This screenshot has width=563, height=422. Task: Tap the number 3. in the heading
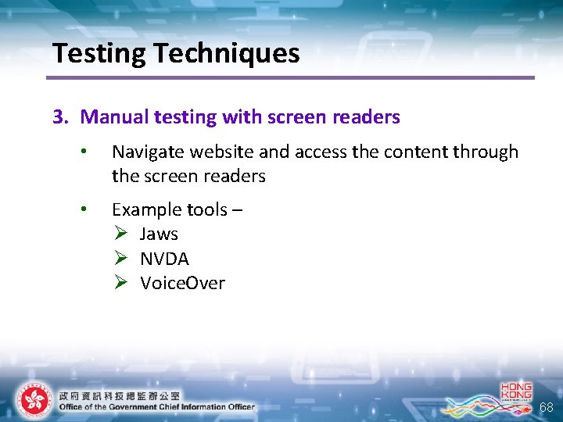[61, 117]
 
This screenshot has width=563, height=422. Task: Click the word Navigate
[147, 152]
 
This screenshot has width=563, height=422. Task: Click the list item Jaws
[159, 234]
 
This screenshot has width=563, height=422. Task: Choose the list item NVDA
[164, 259]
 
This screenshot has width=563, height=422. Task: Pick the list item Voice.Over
[182, 283]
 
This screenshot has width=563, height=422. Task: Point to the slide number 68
[546, 407]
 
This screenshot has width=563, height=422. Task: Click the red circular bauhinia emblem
[34, 399]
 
